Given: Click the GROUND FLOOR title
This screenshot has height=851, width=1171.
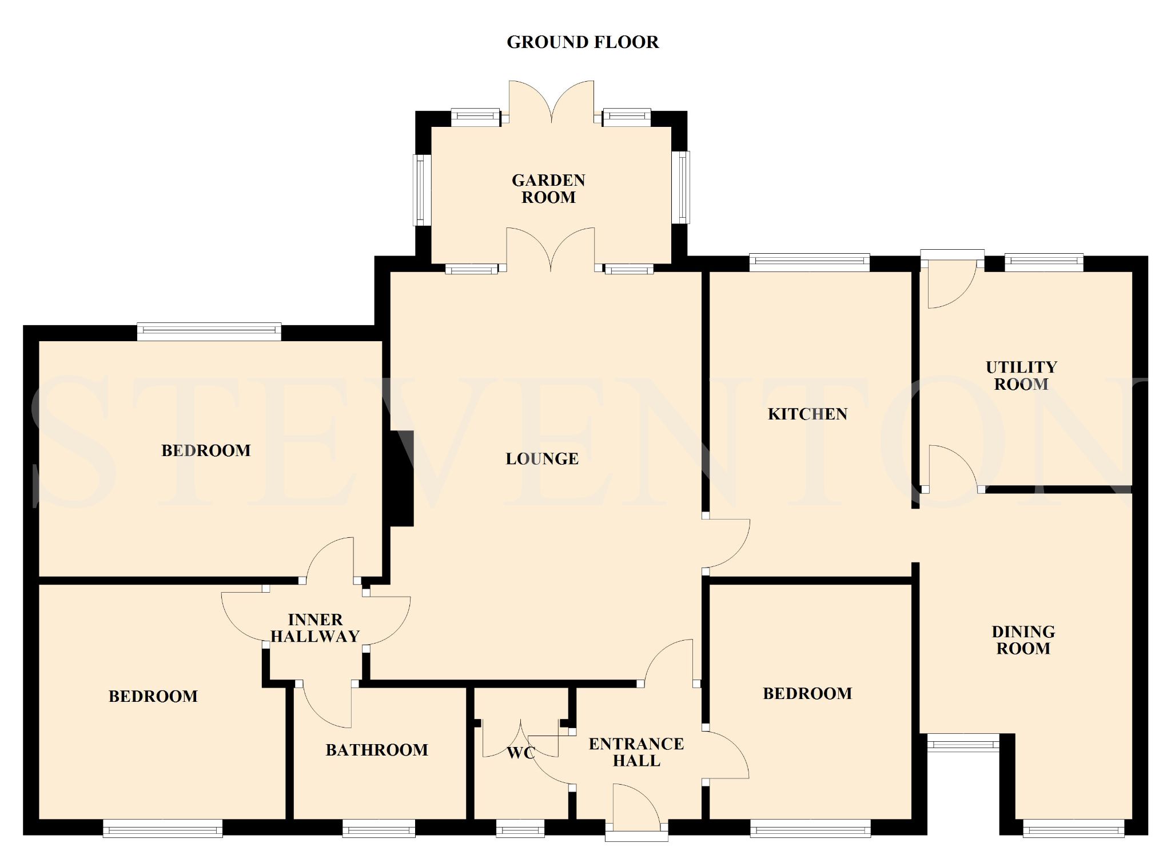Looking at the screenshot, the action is (x=583, y=42).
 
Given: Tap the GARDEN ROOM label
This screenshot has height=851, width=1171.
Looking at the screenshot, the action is (x=548, y=189).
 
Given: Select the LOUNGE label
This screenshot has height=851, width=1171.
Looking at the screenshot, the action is (x=542, y=458).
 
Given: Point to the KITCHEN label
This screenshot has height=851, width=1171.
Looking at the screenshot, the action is (x=807, y=414).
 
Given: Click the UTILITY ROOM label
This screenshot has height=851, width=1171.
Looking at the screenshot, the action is (x=1021, y=375).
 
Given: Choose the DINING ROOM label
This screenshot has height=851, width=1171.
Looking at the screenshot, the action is (x=1023, y=640).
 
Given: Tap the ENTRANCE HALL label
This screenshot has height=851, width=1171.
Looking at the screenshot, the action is (x=636, y=752).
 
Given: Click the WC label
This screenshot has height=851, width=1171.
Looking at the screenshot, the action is (x=521, y=753).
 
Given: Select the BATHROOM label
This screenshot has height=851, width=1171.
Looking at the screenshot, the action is (x=377, y=750).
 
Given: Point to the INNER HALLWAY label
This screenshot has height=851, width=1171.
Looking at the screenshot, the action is (x=315, y=628).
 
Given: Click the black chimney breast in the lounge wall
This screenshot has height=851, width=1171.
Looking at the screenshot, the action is (x=401, y=478).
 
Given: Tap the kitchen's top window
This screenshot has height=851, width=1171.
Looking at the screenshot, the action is (x=809, y=262).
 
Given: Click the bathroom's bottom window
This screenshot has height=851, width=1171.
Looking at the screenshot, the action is (x=379, y=828).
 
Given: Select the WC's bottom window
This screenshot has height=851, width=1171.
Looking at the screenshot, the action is (x=520, y=828).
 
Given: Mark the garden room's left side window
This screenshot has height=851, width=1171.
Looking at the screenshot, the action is (x=421, y=190).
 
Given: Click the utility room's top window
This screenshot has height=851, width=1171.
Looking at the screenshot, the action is (x=1044, y=262).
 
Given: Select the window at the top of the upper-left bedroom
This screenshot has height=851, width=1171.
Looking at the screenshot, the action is (x=209, y=332).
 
